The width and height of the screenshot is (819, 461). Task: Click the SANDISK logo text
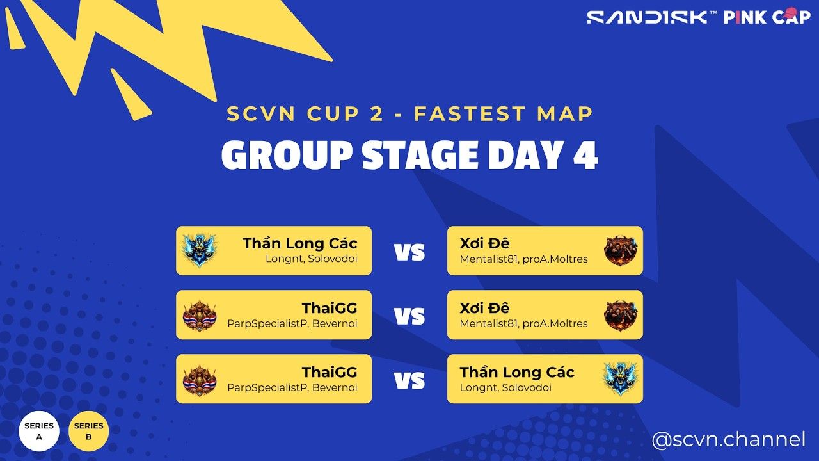[648, 17]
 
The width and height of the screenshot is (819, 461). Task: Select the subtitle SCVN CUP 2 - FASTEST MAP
[410, 115]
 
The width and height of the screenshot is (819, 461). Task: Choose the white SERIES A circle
[39, 431]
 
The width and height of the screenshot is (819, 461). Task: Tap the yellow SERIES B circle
[88, 431]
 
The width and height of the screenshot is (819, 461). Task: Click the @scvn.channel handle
[728, 440]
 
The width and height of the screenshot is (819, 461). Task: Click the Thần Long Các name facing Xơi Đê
[299, 243]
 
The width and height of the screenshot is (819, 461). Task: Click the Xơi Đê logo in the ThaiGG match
[621, 315]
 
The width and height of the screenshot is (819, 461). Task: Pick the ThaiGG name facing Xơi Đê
[330, 308]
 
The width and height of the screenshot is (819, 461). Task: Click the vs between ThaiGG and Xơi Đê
[409, 316]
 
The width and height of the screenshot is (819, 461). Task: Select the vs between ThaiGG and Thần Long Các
[409, 380]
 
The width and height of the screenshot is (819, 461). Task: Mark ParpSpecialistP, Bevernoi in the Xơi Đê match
[292, 323]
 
